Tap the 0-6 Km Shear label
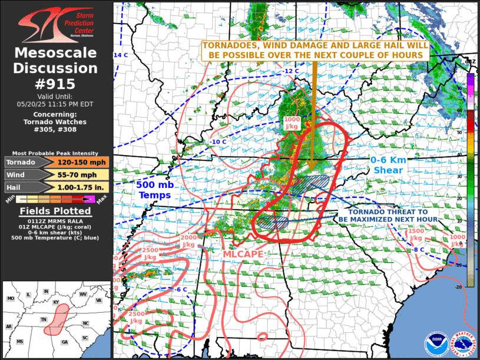[x=386, y=165]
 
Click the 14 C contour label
[x=120, y=55]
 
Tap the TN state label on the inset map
[x=44, y=319]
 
